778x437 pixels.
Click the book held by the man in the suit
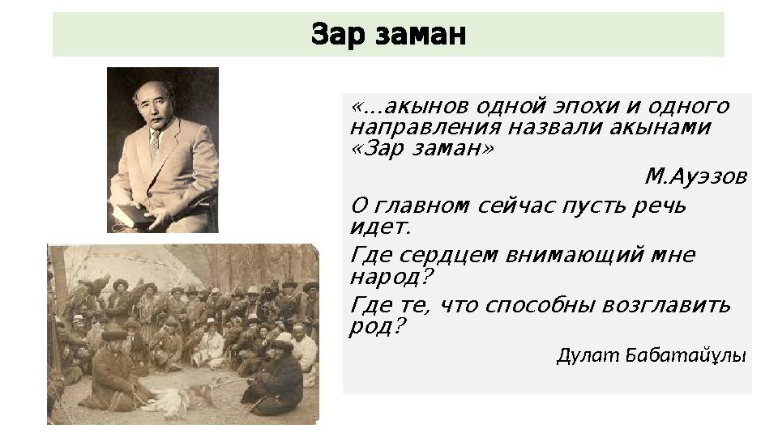(x=130, y=214)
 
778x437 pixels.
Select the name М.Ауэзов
(x=695, y=176)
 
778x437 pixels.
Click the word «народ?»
(x=391, y=277)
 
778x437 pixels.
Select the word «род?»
(x=377, y=327)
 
